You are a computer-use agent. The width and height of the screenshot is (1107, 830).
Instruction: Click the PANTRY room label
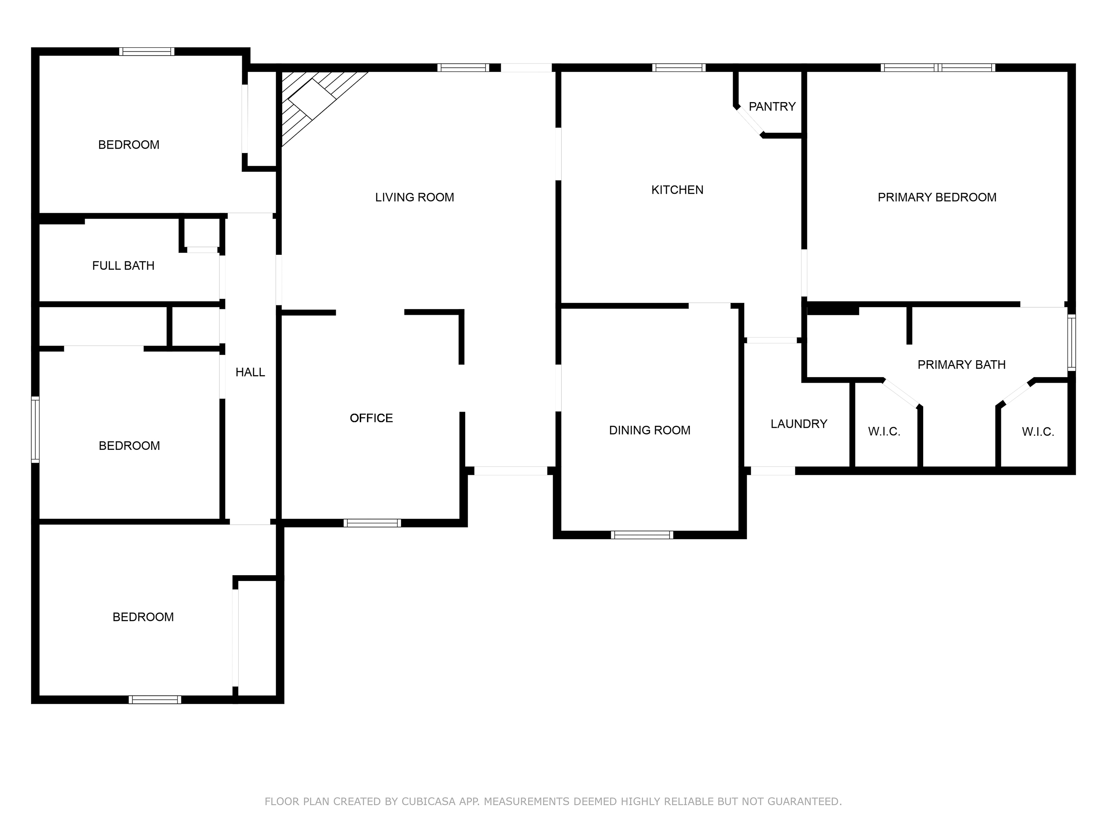tap(772, 107)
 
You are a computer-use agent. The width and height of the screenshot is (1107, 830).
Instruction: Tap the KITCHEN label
tap(677, 190)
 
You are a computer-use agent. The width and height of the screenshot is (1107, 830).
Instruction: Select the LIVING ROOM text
tap(414, 197)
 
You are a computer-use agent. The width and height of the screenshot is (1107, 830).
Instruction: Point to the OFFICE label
tap(371, 418)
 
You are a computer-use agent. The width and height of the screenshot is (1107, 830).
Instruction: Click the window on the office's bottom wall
tap(372, 523)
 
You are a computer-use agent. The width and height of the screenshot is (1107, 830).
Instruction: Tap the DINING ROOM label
tap(650, 430)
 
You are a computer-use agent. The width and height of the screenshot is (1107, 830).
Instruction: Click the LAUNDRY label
tap(799, 424)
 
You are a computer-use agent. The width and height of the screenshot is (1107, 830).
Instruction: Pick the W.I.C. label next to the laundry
tap(884, 431)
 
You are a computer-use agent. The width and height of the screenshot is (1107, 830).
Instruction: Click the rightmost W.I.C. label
tap(1038, 431)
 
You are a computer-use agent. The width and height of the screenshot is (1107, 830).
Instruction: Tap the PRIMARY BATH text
tap(961, 365)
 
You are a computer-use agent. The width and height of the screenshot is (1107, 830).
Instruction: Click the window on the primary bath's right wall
tap(1071, 342)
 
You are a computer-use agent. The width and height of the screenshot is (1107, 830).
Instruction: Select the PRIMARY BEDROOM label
tap(937, 197)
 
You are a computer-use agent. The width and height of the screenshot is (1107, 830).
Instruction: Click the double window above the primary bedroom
tap(938, 68)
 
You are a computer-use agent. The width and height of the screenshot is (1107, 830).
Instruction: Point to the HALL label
tap(250, 372)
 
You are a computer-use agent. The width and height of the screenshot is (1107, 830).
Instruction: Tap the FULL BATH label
tap(123, 266)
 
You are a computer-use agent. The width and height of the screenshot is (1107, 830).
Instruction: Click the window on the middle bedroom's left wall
tap(35, 429)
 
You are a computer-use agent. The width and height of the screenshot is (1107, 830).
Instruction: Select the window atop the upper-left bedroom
tap(147, 51)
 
